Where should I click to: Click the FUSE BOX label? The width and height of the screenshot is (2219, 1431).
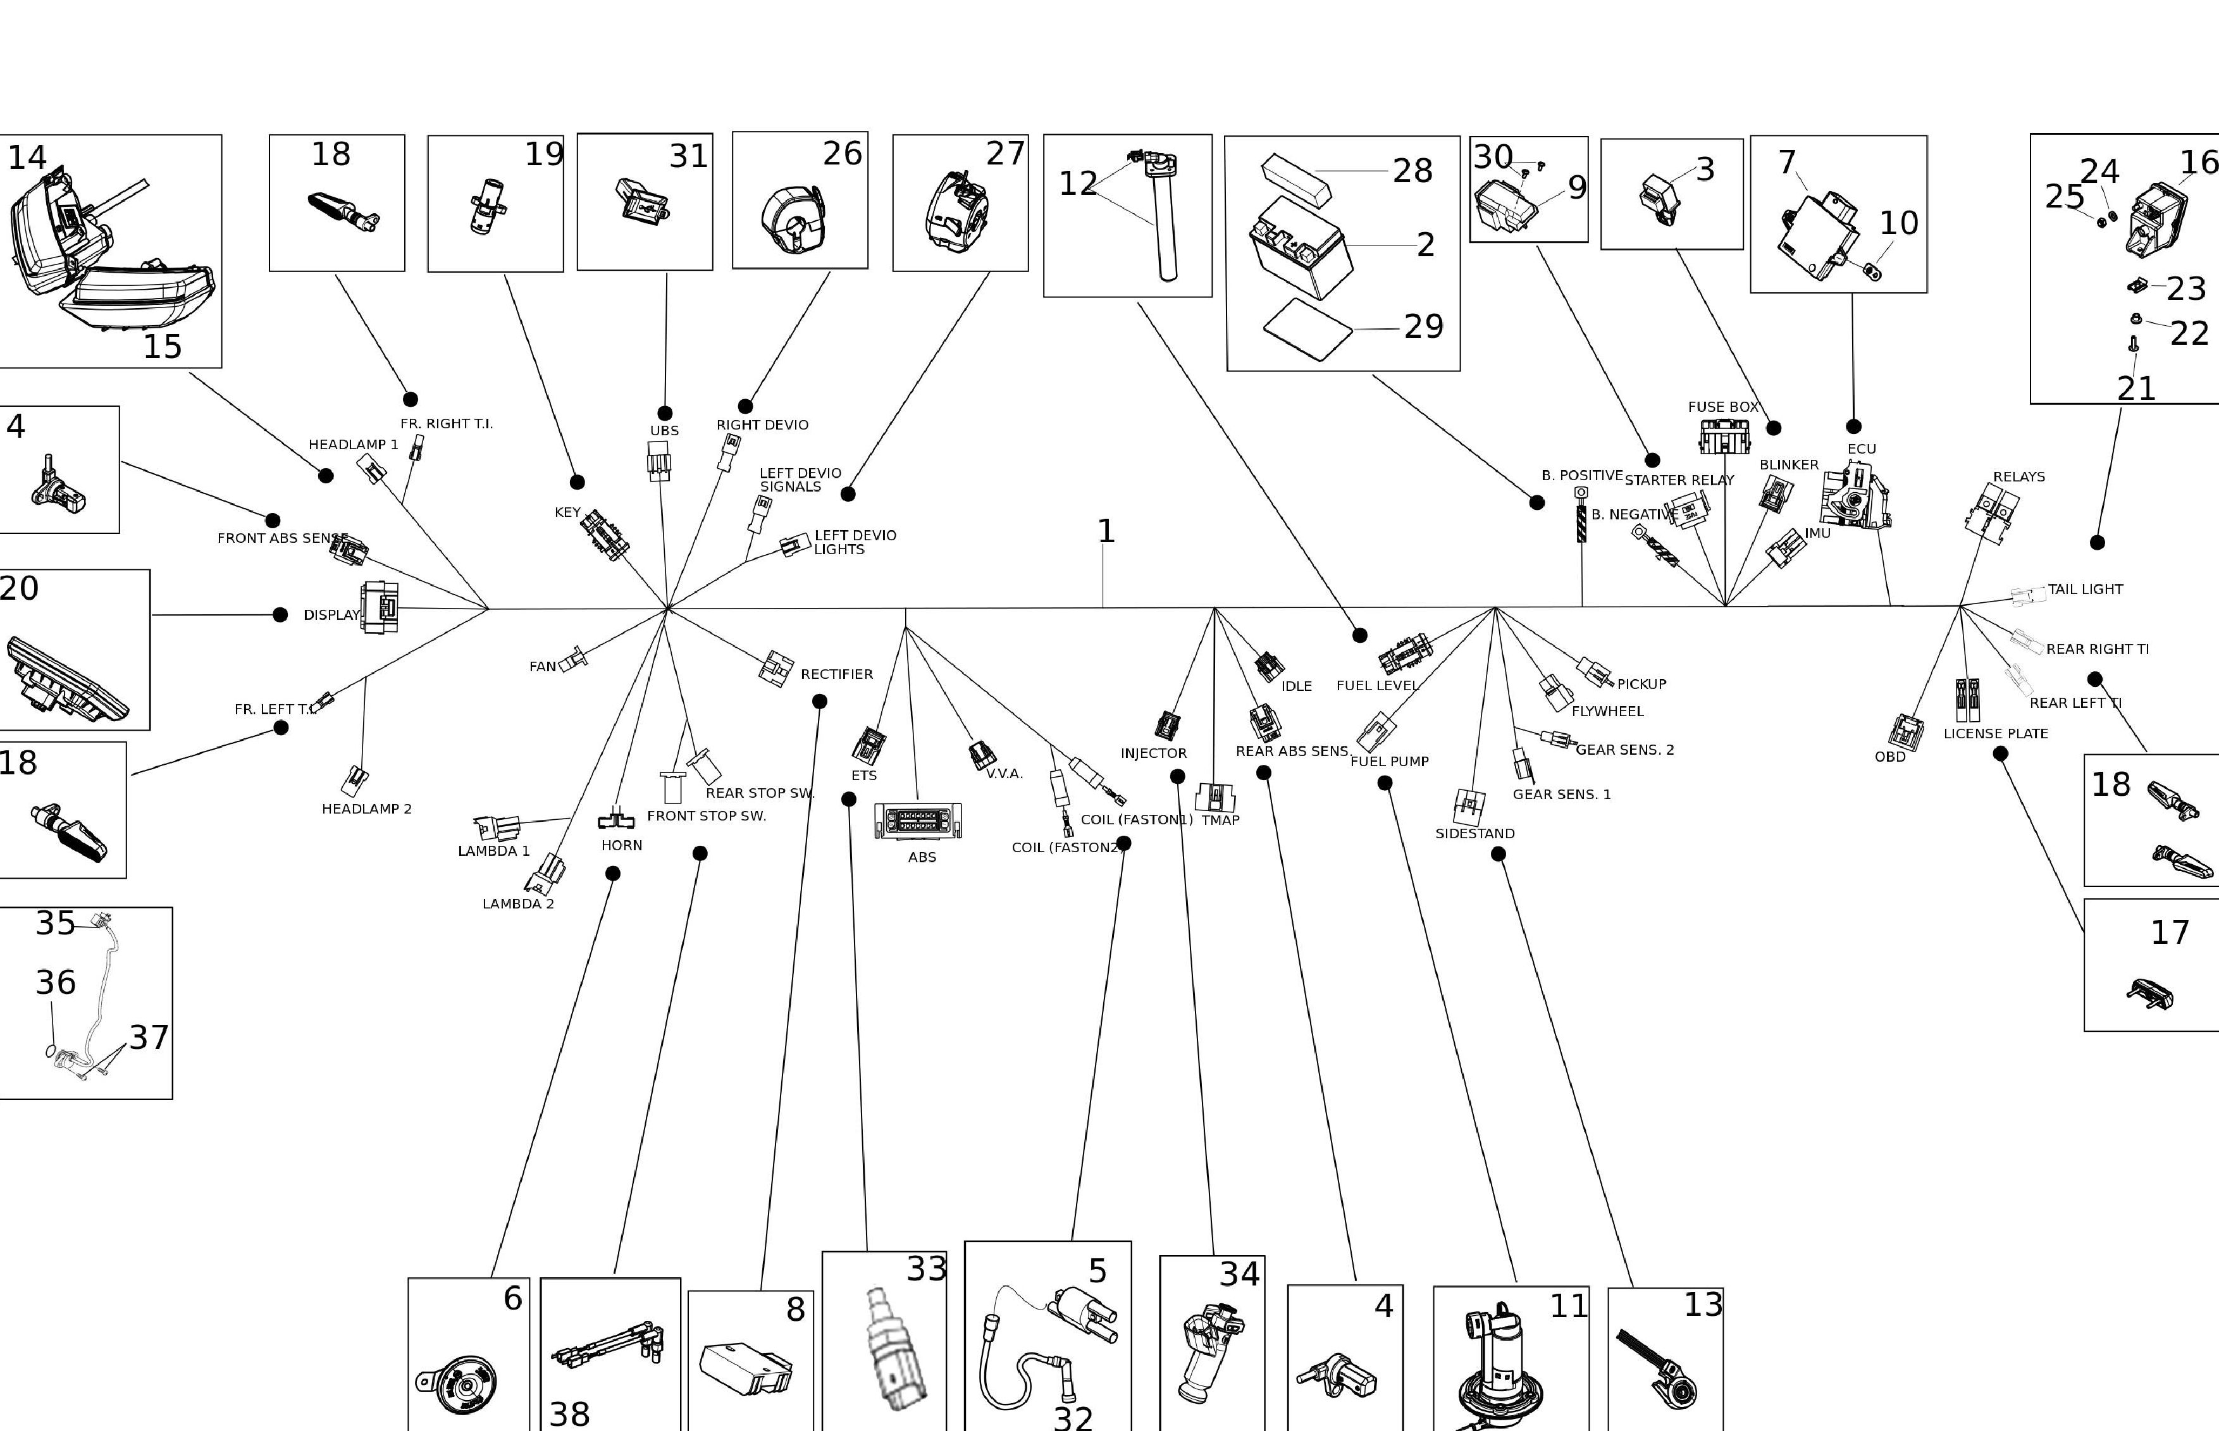(1723, 407)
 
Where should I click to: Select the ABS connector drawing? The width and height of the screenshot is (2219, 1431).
(918, 821)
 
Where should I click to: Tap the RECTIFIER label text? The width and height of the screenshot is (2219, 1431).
(836, 674)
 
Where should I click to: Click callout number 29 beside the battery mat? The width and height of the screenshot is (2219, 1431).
(1423, 326)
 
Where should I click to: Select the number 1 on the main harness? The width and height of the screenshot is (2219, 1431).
(1105, 531)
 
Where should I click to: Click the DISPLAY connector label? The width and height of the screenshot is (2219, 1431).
(331, 614)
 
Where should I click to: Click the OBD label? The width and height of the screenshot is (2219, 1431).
(1889, 757)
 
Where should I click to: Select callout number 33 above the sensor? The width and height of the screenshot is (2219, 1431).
(926, 1269)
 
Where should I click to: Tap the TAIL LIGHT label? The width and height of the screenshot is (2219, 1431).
(2086, 589)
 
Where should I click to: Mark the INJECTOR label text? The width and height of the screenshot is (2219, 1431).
(1153, 753)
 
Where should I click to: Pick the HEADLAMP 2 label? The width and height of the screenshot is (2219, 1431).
(366, 808)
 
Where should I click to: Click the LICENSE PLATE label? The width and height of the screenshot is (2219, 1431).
(1995, 733)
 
